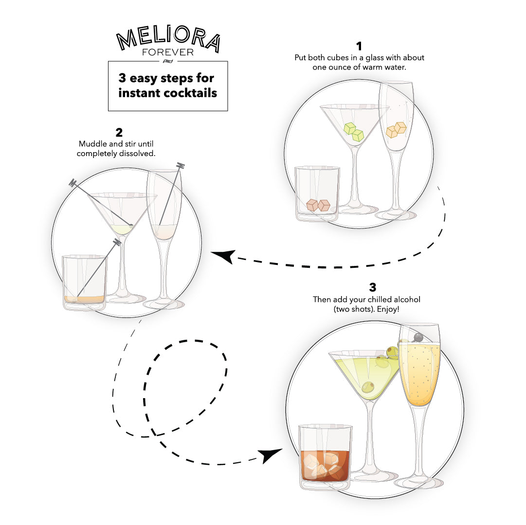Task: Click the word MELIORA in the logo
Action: (168, 38)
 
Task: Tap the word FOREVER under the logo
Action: (168, 52)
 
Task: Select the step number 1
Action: (359, 46)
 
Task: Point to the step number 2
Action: (119, 132)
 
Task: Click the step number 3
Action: (372, 287)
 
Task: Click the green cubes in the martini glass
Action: (354, 132)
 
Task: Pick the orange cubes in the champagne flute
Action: (396, 130)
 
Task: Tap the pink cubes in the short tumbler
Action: (318, 205)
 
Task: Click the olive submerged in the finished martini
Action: (369, 386)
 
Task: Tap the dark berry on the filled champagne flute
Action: (418, 337)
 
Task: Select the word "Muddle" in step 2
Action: (92, 144)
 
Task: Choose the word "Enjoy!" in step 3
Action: (388, 309)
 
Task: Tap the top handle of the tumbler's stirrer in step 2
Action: (117, 242)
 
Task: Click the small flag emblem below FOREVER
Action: (168, 61)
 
